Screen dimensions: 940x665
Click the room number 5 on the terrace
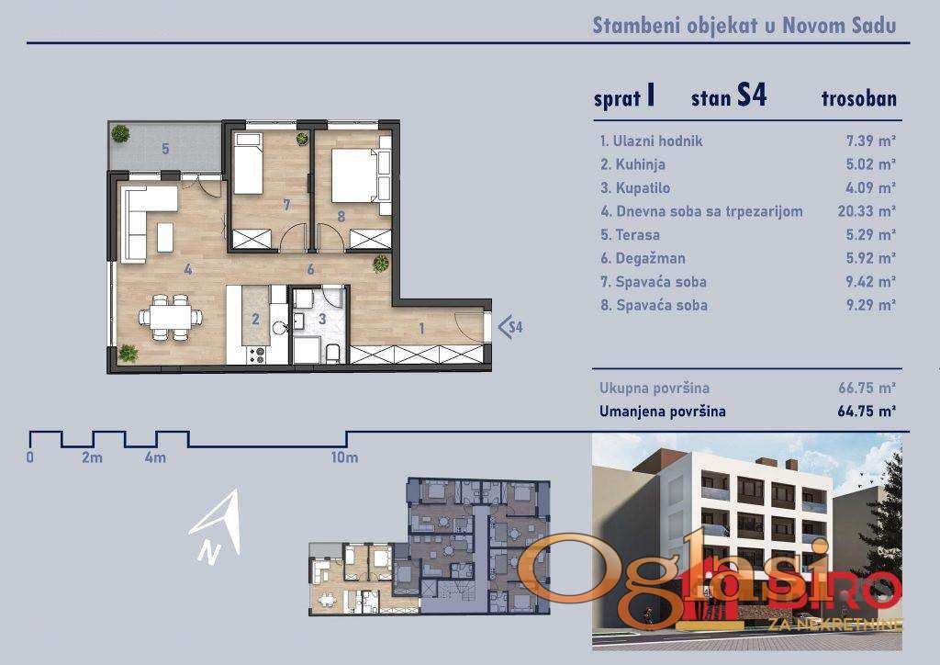point(165,148)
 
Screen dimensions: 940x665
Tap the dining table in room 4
point(170,317)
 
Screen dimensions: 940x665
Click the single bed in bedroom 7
point(248,163)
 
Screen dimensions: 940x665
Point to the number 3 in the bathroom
point(322,319)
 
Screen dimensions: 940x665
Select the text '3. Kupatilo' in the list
point(635,187)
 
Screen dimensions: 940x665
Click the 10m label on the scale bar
point(344,457)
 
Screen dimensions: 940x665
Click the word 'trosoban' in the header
point(859,99)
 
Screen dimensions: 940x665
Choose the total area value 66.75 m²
point(867,388)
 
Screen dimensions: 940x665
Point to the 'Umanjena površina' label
point(663,411)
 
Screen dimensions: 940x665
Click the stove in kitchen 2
point(256,355)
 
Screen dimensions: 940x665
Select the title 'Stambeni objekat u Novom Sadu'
point(744,25)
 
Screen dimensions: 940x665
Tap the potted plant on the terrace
point(120,133)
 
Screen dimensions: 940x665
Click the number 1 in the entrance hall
point(421,328)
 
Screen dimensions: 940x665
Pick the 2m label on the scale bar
point(93,457)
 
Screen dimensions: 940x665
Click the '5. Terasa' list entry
point(630,234)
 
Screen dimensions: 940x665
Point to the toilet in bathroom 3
point(332,354)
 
